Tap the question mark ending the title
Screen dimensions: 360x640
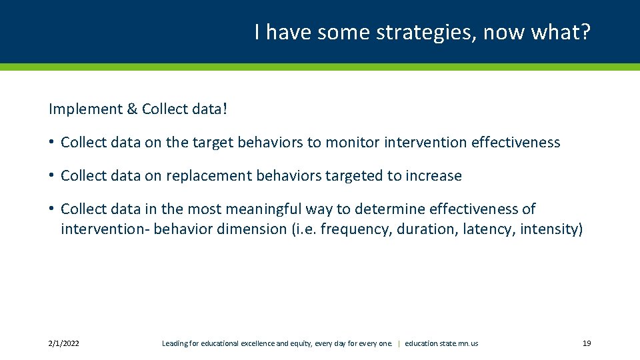[x=586, y=32]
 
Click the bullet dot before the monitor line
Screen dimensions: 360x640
[x=51, y=142]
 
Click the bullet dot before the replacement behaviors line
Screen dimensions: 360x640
[x=51, y=175]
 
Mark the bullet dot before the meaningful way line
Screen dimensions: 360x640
[x=51, y=209]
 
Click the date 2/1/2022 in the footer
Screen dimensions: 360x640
[x=64, y=343]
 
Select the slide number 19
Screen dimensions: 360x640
[x=587, y=343]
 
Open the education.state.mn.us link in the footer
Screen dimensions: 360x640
[x=441, y=343]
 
